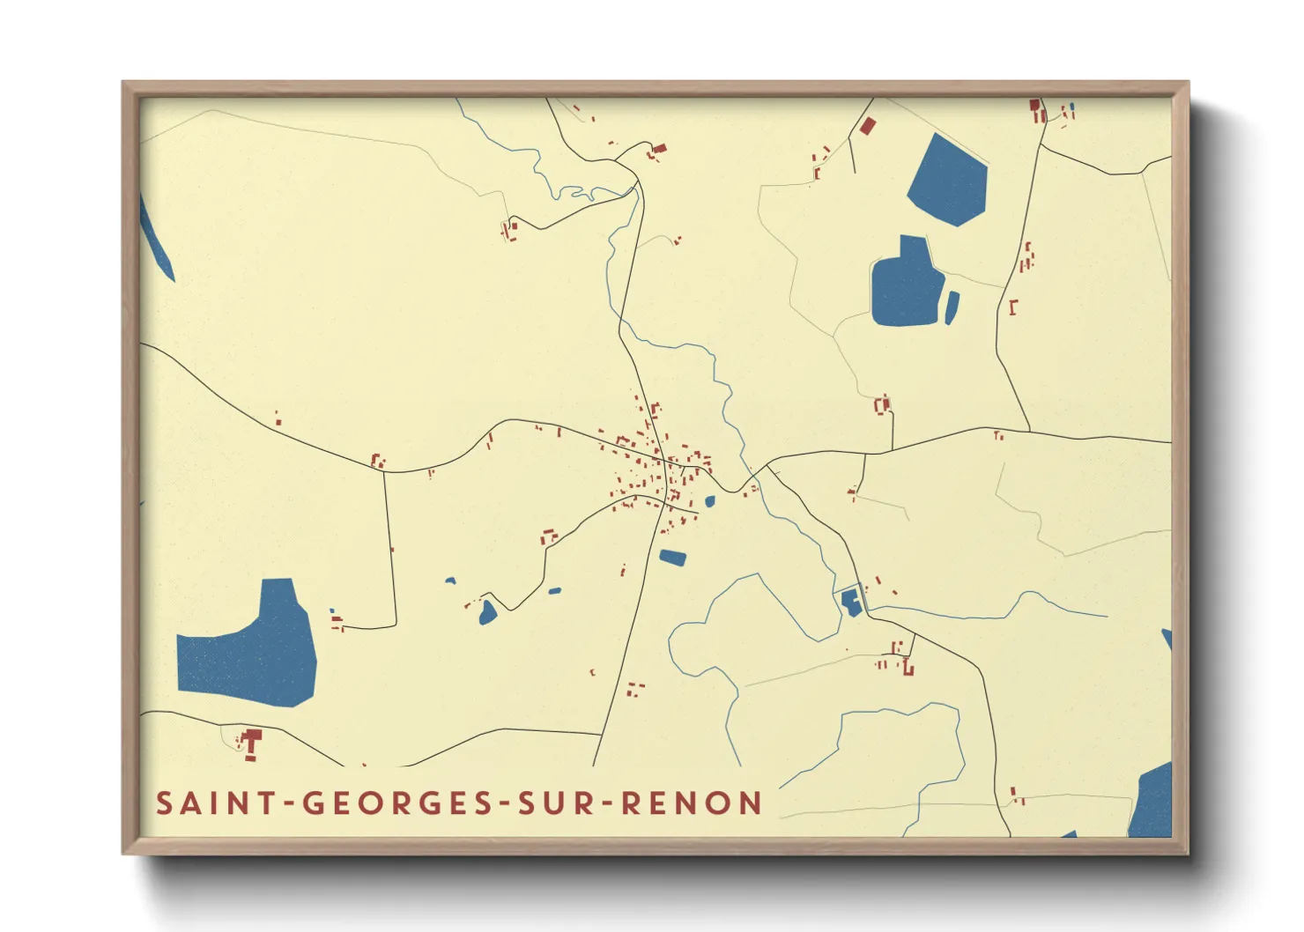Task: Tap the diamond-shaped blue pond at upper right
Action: coord(948,181)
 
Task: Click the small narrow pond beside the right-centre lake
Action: coord(952,307)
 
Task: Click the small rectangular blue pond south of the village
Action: coord(672,557)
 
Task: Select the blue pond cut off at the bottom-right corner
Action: coord(1152,802)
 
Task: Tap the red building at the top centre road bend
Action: coord(657,151)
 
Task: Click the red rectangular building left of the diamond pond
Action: coord(867,126)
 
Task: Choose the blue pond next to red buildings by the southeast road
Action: coord(850,603)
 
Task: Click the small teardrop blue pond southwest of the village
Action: coord(487,613)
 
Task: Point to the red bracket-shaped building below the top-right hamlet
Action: coord(1013,307)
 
